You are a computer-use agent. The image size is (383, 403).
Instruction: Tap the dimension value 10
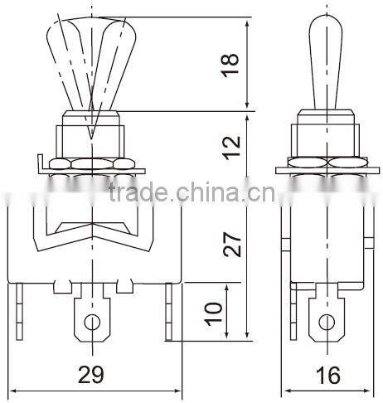(x=212, y=311)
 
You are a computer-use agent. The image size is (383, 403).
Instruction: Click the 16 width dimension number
(x=328, y=376)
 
